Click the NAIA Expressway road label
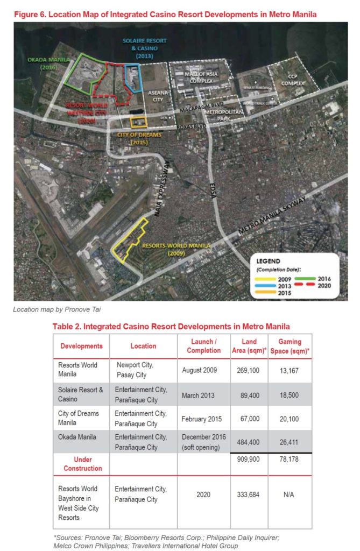click(165, 188)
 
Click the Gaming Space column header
click(290, 345)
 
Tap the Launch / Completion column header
click(203, 345)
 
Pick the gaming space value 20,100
click(290, 418)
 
